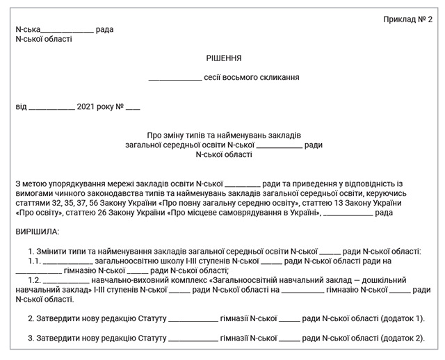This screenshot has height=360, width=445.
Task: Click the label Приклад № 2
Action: [x=408, y=19]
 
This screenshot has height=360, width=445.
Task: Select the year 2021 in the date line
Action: [x=86, y=108]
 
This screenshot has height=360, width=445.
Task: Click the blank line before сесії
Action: [x=175, y=79]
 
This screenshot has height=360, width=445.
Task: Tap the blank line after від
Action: [x=52, y=109]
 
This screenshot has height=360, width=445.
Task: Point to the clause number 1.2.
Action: [x=33, y=280]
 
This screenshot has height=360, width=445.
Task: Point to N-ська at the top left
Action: [x=27, y=29]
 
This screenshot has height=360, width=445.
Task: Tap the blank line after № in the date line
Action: [x=133, y=109]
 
